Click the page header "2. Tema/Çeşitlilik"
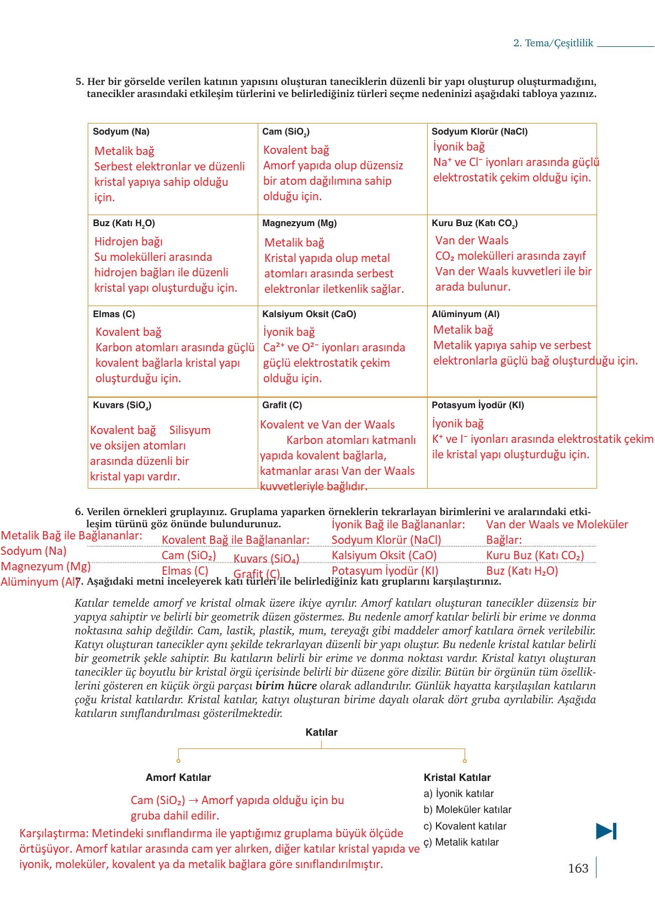coord(553,43)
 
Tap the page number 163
coord(578,868)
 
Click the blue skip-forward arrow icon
coord(606,831)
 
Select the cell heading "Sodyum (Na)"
coord(121,131)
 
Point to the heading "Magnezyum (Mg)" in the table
coord(299,223)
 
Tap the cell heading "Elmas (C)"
coord(114,314)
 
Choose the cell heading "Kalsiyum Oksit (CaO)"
coord(309,314)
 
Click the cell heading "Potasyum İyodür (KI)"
coord(477,405)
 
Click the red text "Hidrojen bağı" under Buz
coord(128,242)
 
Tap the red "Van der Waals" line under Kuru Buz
coord(472,240)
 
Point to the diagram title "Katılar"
coord(321,732)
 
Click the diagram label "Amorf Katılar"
coord(178,777)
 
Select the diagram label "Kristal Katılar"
coord(457,777)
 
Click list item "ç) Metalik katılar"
coord(461,842)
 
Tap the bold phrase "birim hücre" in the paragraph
coord(286,686)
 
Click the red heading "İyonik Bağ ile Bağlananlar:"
coord(398,525)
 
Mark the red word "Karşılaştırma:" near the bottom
coord(54,833)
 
